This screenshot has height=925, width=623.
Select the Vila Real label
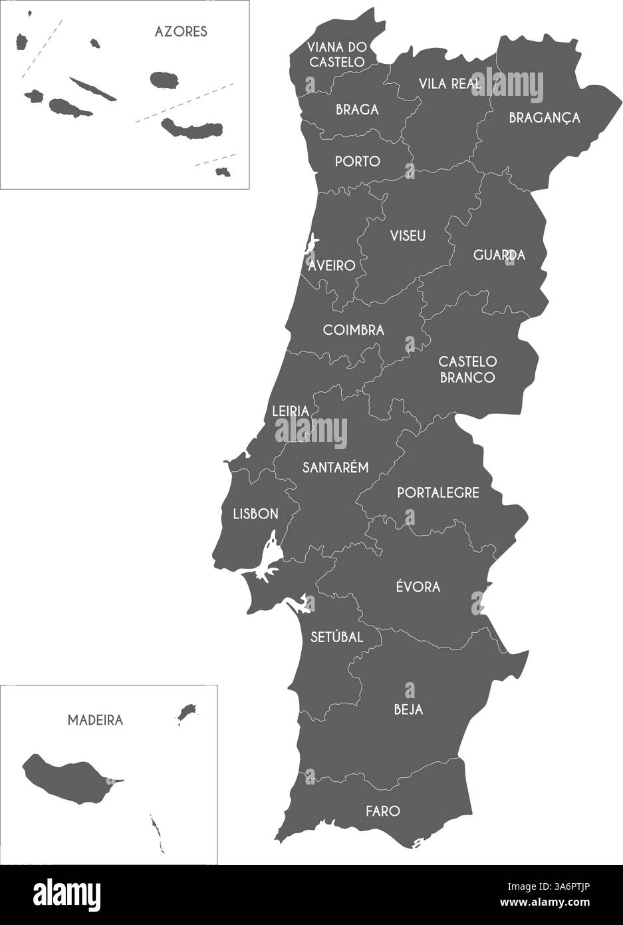pyautogui.click(x=449, y=84)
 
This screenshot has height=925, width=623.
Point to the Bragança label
pyautogui.click(x=544, y=118)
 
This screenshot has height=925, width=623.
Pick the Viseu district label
pyautogui.click(x=408, y=236)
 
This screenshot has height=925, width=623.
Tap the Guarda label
pyautogui.click(x=499, y=255)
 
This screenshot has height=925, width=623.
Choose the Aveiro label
pyautogui.click(x=332, y=266)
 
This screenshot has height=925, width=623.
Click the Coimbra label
pyautogui.click(x=353, y=330)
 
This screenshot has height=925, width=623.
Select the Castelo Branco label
pyautogui.click(x=467, y=369)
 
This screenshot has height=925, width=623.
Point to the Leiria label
pyautogui.click(x=291, y=411)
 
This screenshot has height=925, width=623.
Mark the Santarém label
pyautogui.click(x=335, y=467)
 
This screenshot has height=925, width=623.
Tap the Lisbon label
pyautogui.click(x=255, y=514)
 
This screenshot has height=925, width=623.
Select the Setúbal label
pyautogui.click(x=336, y=637)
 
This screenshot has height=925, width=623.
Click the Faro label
pyautogui.click(x=383, y=811)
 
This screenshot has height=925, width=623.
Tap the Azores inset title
pyautogui.click(x=180, y=31)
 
